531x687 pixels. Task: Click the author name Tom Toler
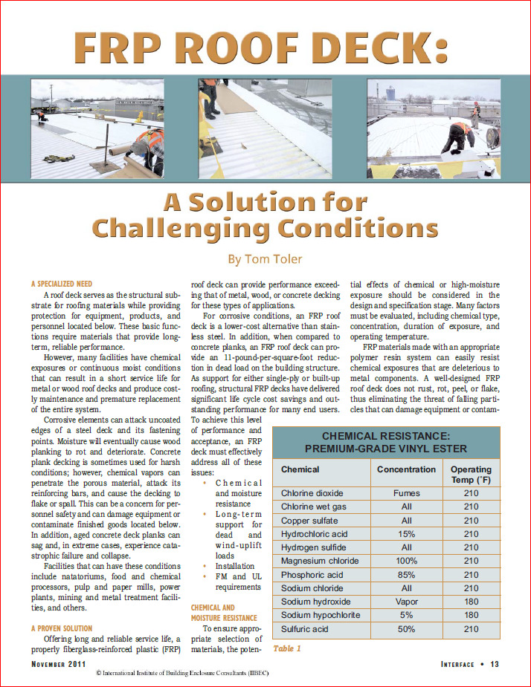click(265, 260)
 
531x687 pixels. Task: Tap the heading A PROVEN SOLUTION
click(62, 628)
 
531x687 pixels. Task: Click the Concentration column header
click(406, 469)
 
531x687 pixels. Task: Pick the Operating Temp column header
click(471, 475)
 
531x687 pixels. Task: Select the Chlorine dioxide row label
click(312, 492)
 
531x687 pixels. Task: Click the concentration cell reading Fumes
click(406, 492)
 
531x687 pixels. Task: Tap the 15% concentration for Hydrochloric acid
click(406, 533)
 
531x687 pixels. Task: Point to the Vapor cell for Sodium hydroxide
click(406, 602)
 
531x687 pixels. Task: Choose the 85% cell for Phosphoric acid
click(406, 574)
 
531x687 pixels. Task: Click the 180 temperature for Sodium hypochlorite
click(471, 615)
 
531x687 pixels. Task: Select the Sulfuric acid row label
click(305, 629)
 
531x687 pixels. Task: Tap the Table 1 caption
click(287, 648)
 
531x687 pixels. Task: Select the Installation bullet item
click(234, 565)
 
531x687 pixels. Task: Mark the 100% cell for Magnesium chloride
click(406, 561)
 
